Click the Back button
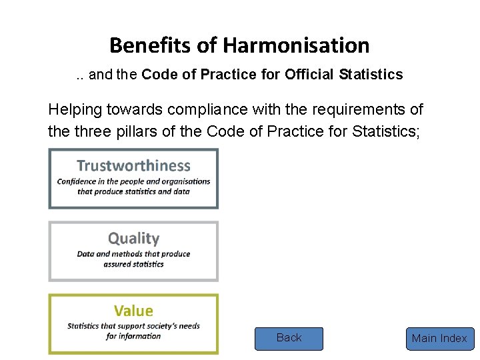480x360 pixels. click(x=289, y=338)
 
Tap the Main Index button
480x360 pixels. click(x=439, y=339)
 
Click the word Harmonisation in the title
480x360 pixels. click(x=296, y=45)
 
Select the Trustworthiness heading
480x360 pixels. click(x=133, y=165)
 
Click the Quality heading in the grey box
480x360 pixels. click(x=133, y=238)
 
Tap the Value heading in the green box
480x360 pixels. click(x=133, y=311)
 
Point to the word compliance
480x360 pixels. click(x=203, y=109)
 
